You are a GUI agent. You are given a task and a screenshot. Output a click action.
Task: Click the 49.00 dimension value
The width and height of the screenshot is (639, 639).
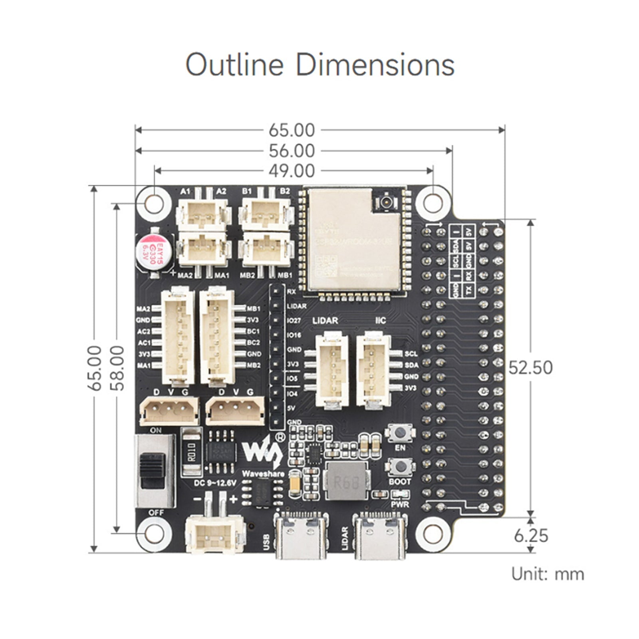[292, 171]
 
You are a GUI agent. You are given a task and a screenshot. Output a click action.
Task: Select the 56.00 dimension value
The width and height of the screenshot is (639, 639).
[292, 151]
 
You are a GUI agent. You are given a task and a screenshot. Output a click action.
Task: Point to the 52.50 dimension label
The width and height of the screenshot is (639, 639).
[530, 368]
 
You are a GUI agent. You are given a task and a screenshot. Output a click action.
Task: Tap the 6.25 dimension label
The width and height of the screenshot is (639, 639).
[531, 536]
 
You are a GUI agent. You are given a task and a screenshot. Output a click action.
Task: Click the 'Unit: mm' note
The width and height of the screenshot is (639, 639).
[548, 574]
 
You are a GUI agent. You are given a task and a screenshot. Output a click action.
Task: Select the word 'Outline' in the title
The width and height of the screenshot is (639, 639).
[234, 65]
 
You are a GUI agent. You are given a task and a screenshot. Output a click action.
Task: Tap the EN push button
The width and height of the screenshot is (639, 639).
[400, 433]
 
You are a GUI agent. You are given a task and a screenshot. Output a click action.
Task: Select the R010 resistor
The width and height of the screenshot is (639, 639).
[191, 452]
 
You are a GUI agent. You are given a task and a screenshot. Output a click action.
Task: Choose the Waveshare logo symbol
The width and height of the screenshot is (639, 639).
[262, 451]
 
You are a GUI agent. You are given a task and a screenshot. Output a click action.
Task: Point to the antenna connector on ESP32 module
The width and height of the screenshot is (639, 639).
[386, 200]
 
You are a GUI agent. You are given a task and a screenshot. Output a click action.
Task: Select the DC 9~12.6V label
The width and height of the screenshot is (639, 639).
[215, 483]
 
